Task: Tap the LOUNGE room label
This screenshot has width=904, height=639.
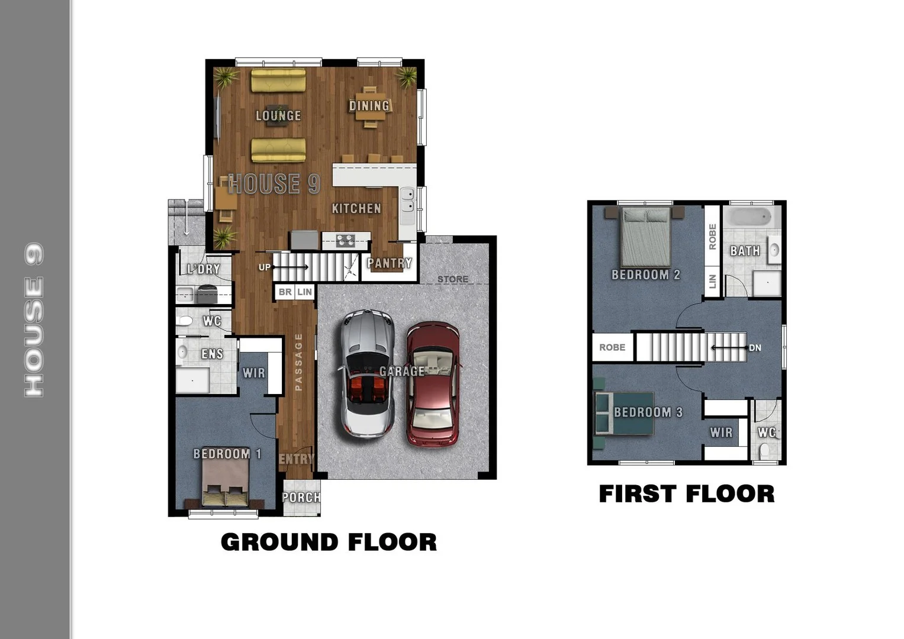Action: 278,116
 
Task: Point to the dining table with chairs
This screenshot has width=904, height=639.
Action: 370,107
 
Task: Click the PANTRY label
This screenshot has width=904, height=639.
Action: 389,263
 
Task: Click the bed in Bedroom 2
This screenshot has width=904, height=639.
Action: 645,237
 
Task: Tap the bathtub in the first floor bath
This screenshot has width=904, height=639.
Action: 750,217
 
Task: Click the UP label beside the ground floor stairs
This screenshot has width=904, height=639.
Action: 265,267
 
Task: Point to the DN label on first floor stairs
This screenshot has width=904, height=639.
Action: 755,348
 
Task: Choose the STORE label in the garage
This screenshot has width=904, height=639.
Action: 453,279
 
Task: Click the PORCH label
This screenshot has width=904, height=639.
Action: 301,498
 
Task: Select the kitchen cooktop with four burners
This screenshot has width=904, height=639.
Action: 345,240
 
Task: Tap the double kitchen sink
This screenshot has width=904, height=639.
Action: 407,200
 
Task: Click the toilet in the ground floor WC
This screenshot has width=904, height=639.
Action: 185,321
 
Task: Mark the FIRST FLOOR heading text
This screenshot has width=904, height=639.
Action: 687,494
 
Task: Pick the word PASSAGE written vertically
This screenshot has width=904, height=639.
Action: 298,362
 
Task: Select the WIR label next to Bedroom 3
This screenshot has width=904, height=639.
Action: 721,433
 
